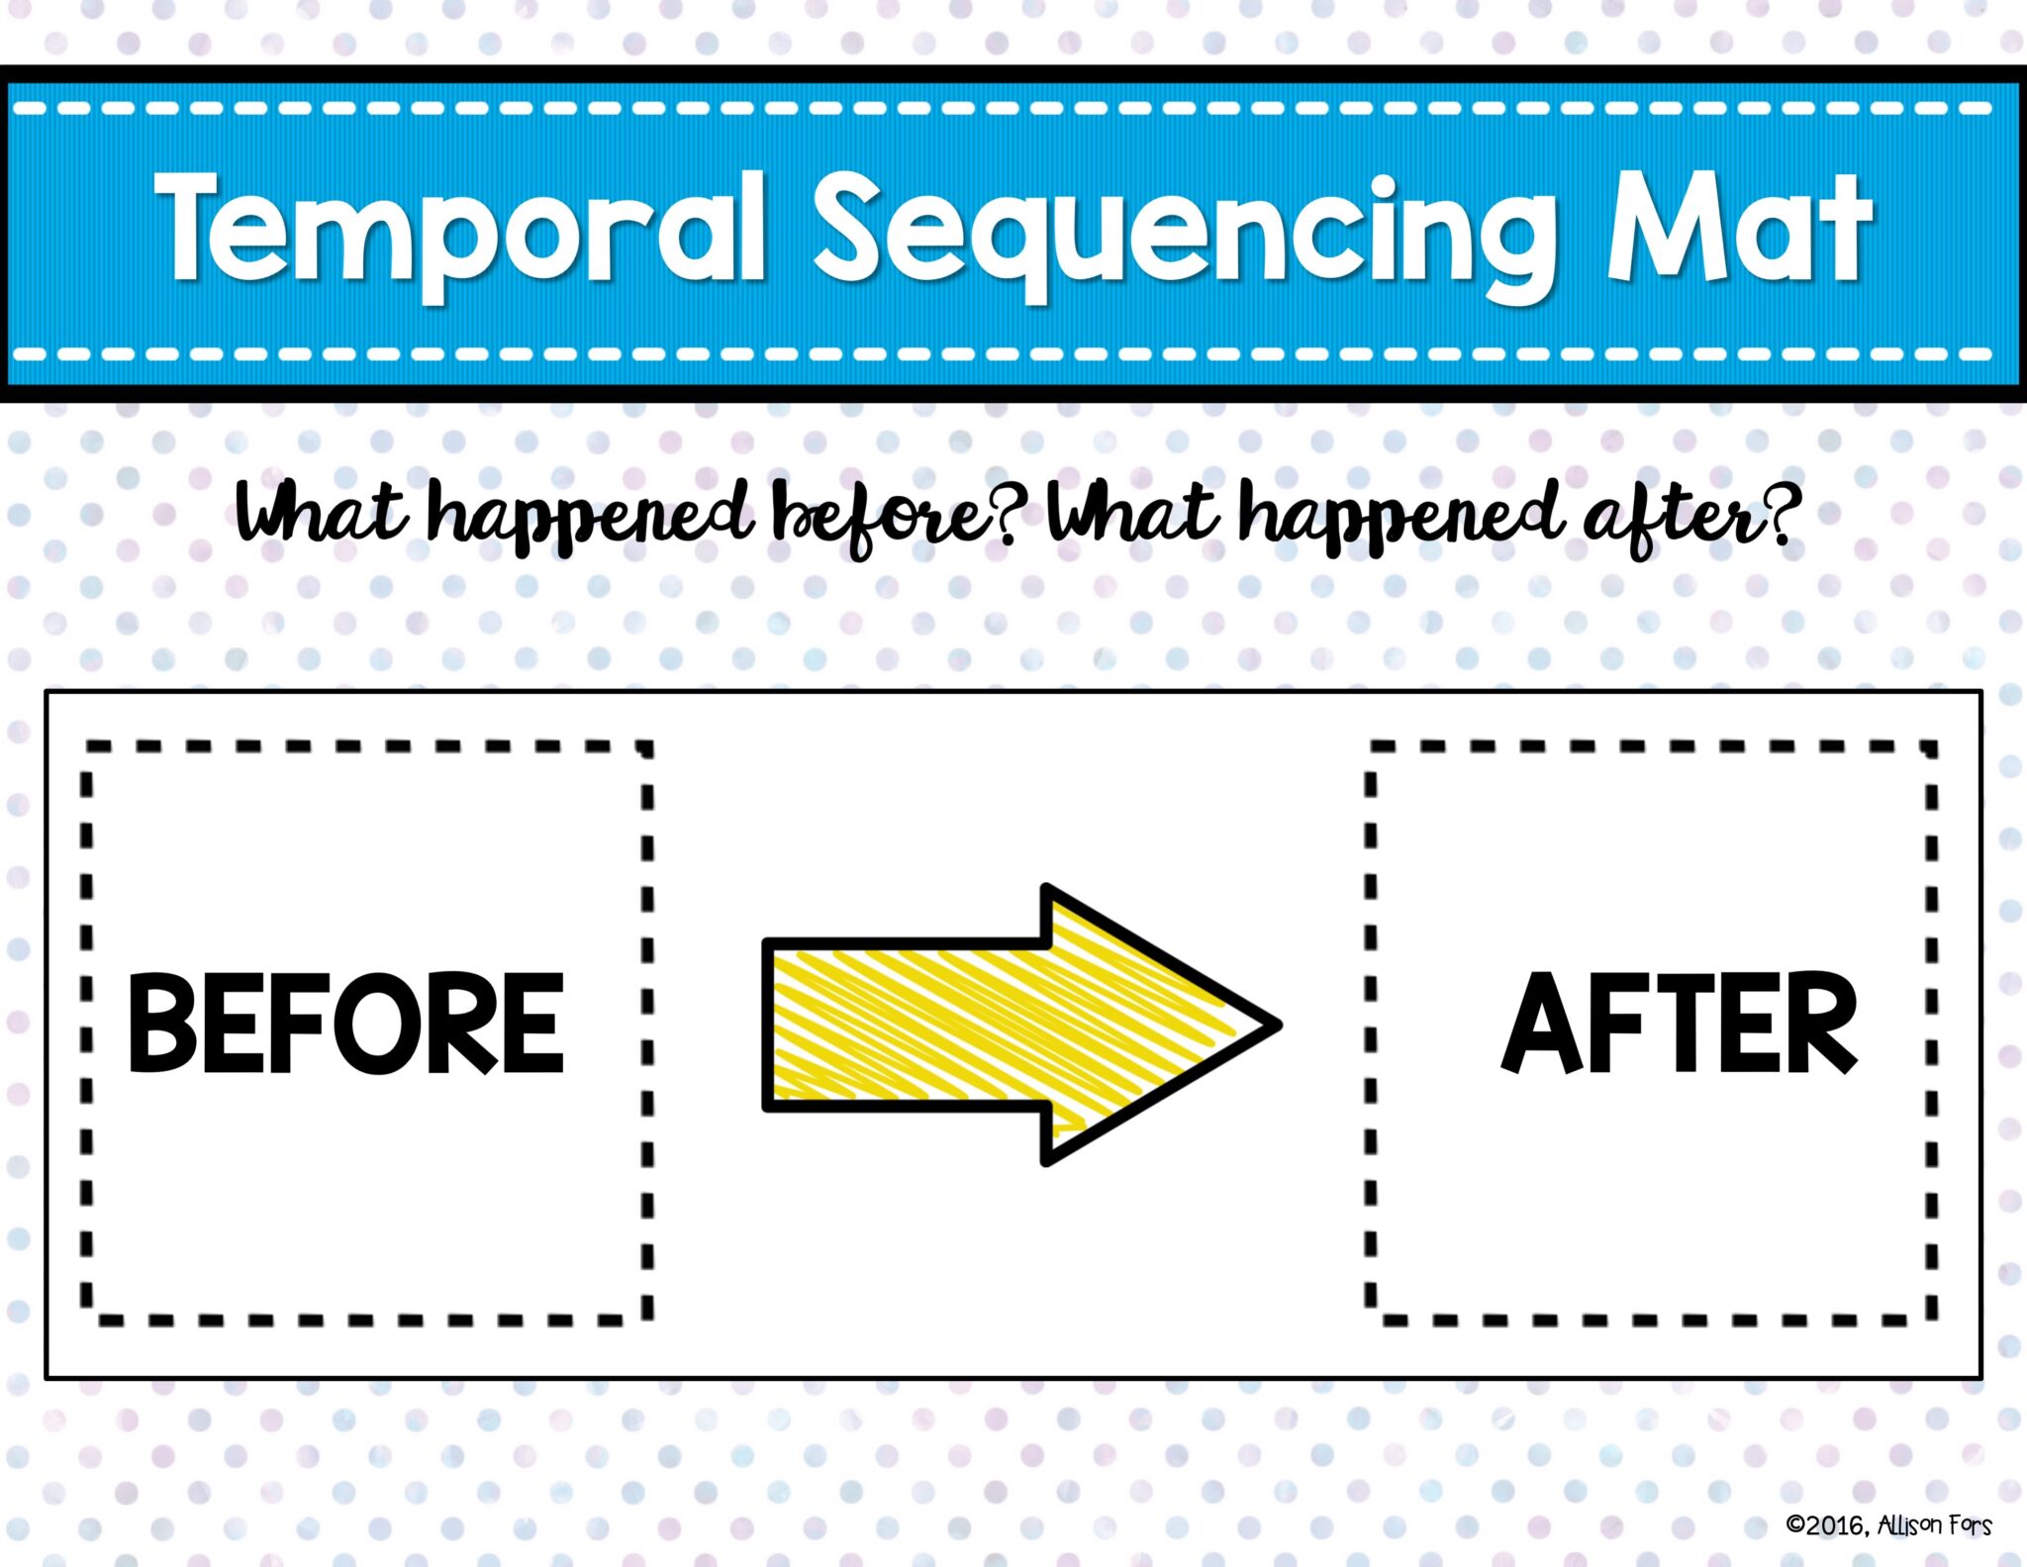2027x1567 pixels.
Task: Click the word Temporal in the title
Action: click(x=460, y=230)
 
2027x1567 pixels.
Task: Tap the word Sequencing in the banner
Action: click(x=1183, y=233)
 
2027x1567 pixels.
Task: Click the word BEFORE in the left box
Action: click(x=346, y=1024)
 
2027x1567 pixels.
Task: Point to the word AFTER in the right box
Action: click(x=1680, y=1024)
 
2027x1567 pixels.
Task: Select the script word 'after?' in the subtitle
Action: click(x=1690, y=517)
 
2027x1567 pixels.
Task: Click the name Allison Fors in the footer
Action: click(x=1934, y=1525)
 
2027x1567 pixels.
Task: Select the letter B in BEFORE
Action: click(x=160, y=1024)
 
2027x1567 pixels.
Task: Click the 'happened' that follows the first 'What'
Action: click(x=589, y=517)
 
